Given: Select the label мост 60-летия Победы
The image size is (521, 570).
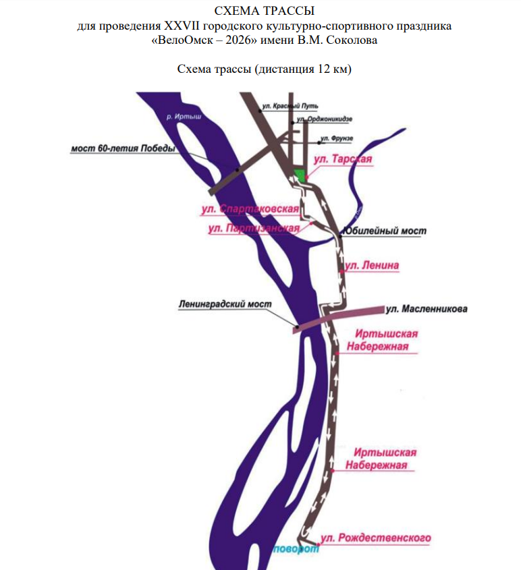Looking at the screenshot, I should [x=124, y=148].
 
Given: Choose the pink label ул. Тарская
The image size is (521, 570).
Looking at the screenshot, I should [x=344, y=160].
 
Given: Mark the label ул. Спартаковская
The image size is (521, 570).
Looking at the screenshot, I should [x=250, y=210].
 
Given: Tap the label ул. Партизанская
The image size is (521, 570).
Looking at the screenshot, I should [x=253, y=229].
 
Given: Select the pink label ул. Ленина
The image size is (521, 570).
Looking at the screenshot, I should [x=373, y=266].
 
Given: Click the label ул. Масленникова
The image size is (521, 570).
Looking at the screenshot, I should [x=426, y=310].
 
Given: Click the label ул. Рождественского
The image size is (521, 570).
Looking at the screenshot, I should [x=375, y=538].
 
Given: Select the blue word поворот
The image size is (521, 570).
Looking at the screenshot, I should [x=295, y=550].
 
